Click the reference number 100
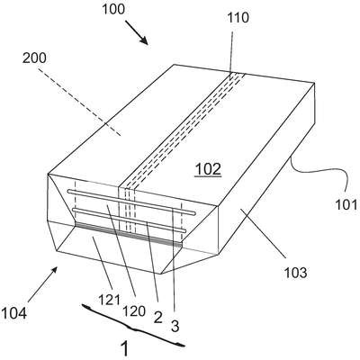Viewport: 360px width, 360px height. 113,9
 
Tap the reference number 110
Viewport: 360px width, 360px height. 238,18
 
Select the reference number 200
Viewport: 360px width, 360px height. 34,58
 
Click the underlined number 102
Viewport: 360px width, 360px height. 208,169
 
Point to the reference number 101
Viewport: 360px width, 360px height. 346,205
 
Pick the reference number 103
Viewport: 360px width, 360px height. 295,273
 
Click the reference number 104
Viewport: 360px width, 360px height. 13,313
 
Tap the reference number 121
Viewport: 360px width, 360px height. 110,300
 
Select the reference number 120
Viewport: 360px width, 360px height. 134,311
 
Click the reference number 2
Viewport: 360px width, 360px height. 157,317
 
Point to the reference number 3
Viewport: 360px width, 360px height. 175,326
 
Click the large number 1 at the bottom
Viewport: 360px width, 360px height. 124,348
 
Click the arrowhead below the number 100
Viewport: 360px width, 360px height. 143,40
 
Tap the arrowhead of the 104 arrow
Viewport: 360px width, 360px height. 54,271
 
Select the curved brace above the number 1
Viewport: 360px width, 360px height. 133,327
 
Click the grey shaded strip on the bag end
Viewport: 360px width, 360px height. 129,235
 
